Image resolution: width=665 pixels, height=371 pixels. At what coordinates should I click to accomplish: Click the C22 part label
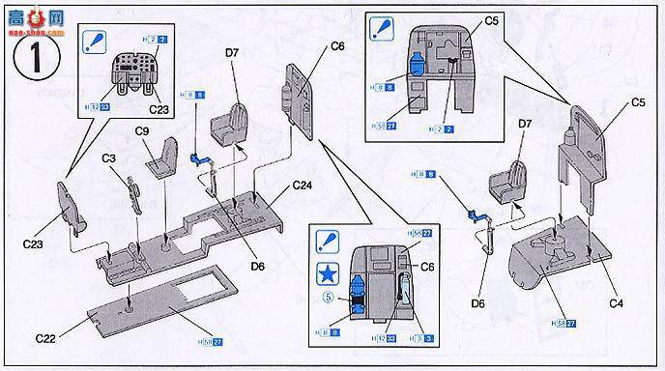46,338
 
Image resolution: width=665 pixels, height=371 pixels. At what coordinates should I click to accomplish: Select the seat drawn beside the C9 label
165,156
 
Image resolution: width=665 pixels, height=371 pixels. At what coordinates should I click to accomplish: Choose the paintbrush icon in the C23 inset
96,41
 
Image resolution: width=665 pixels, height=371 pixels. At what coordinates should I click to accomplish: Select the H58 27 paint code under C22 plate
211,341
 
